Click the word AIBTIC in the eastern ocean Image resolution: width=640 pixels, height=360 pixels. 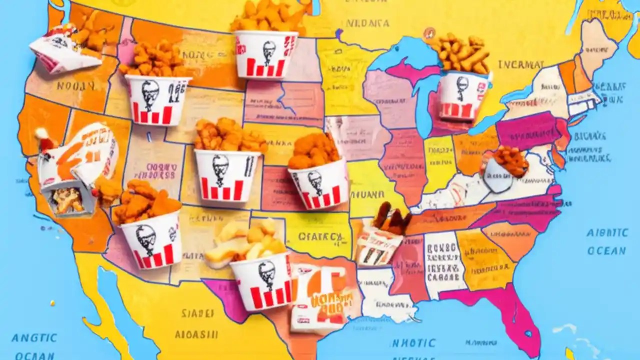(607, 233)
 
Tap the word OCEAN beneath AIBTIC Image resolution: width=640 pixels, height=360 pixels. (606, 250)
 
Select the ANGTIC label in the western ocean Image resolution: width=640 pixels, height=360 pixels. (34, 337)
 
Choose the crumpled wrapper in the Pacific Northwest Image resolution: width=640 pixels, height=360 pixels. (64, 49)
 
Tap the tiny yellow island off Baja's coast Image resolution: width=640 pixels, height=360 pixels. (52, 302)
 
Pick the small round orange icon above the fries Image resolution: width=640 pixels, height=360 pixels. (428, 33)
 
